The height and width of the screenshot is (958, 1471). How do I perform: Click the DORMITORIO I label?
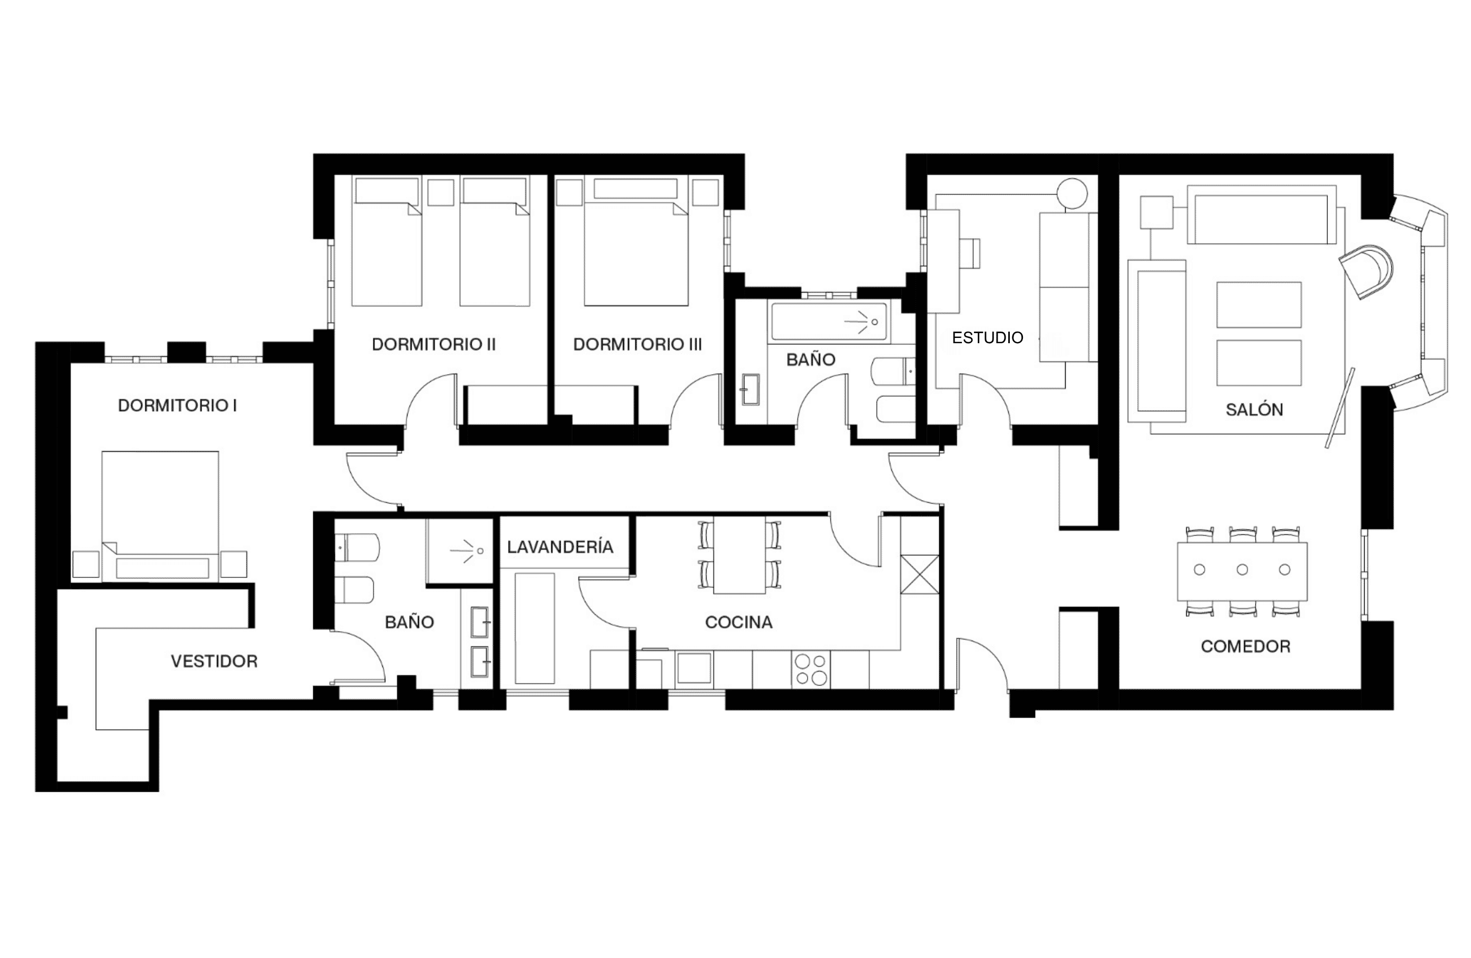[x=177, y=405]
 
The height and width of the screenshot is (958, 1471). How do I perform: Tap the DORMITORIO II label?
[x=434, y=344]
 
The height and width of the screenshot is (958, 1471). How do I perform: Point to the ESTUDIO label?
[x=988, y=337]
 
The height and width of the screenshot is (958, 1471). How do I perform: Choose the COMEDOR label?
[x=1246, y=646]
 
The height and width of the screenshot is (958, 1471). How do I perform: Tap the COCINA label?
[x=739, y=622]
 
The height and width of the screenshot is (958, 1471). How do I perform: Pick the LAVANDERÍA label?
[x=561, y=546]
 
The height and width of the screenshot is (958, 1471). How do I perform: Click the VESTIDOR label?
[x=214, y=661]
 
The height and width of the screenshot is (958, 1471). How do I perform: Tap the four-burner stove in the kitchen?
[x=810, y=670]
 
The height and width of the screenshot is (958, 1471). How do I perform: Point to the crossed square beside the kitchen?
[x=920, y=575]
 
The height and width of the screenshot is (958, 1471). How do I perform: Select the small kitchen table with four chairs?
[x=739, y=555]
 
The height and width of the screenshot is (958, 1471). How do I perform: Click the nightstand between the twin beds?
[x=441, y=192]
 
